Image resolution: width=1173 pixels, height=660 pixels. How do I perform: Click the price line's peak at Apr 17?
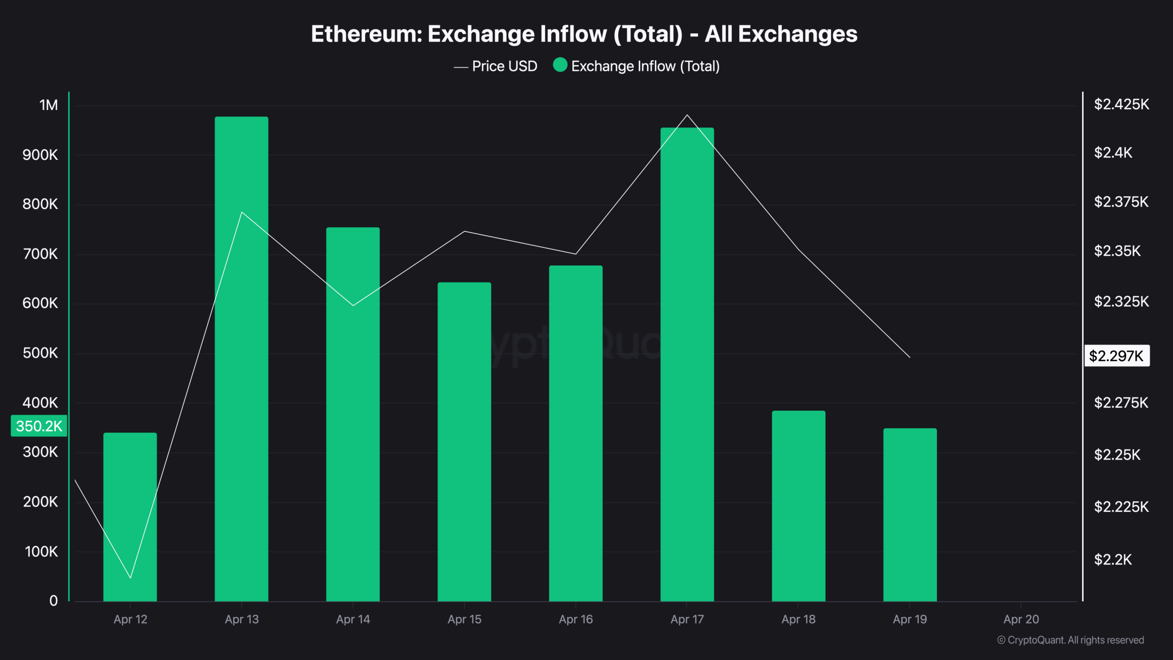click(687, 115)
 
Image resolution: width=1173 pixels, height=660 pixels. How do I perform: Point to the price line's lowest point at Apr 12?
click(131, 578)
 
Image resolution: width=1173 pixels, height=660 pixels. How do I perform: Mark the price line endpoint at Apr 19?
click(910, 357)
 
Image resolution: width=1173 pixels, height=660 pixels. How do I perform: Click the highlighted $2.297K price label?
click(1116, 356)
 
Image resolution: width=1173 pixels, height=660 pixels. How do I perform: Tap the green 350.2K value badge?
click(39, 426)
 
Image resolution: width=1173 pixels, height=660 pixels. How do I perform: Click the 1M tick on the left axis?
click(49, 105)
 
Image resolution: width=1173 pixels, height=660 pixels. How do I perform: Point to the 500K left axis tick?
click(40, 353)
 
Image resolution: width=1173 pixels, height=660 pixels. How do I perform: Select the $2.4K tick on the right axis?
click(1113, 153)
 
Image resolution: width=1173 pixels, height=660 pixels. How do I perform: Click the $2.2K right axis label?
click(1113, 560)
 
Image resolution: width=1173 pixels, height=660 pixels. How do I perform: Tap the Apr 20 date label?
click(1021, 619)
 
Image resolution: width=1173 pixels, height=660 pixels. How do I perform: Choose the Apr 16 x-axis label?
click(576, 619)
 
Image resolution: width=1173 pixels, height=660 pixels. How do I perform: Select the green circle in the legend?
click(560, 65)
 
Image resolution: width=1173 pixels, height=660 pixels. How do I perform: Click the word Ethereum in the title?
click(366, 34)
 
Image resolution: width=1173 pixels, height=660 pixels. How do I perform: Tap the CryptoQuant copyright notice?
click(1070, 640)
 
